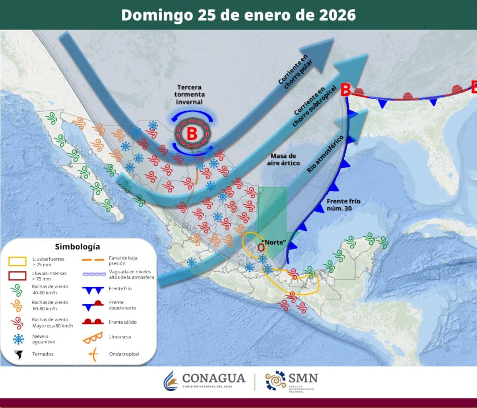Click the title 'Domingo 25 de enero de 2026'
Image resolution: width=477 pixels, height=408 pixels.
[x=238, y=15]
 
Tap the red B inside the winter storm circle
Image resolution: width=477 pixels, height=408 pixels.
[x=192, y=133]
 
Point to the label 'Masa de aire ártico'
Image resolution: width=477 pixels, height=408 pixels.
[x=285, y=159]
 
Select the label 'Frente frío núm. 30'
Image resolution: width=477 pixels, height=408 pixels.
[x=343, y=205]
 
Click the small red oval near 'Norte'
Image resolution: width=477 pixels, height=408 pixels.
[x=261, y=247]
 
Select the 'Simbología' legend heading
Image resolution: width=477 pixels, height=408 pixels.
[x=77, y=247]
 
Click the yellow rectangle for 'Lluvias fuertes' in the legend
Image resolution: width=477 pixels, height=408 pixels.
[x=17, y=261]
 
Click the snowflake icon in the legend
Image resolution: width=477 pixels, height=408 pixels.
[x=17, y=339]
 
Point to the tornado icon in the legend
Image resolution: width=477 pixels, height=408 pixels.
[x=17, y=354]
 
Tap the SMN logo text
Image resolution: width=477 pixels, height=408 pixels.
[x=304, y=378]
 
